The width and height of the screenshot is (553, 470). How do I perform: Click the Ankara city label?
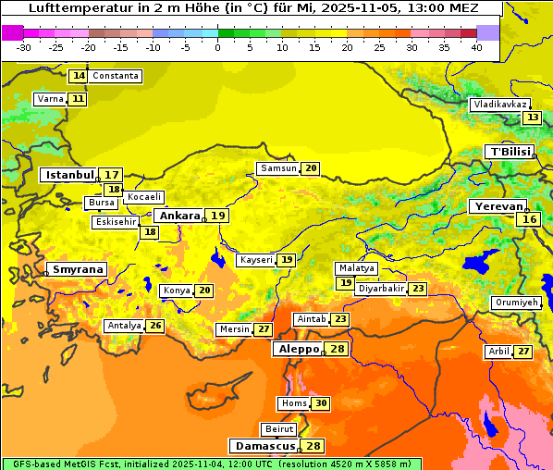point(178,216)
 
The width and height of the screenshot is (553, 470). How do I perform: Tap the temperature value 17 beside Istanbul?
point(112,174)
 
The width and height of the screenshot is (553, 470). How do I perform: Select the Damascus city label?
point(264,446)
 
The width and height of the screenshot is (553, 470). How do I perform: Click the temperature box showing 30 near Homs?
point(320,403)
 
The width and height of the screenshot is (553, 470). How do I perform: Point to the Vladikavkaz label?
point(500,105)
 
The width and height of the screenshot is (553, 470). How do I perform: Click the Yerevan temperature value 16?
point(529,219)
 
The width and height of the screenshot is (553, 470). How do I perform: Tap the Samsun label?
point(277,168)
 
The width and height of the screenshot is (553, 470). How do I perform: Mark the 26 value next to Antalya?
point(155,326)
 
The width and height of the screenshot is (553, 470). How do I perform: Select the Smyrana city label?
point(78,269)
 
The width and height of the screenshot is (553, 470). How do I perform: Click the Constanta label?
point(116,76)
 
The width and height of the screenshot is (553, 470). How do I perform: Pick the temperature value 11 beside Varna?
point(79,99)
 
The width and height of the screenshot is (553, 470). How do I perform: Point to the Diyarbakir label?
point(381,289)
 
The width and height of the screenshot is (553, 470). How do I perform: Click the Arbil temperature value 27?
point(523,352)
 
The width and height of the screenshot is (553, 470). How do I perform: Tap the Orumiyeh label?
point(515,303)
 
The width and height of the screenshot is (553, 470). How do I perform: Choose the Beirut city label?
point(279,429)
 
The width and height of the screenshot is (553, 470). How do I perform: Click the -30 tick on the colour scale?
point(23,46)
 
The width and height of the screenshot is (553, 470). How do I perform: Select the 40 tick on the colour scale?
point(476,46)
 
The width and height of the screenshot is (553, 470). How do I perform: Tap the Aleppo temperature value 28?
point(337,349)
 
